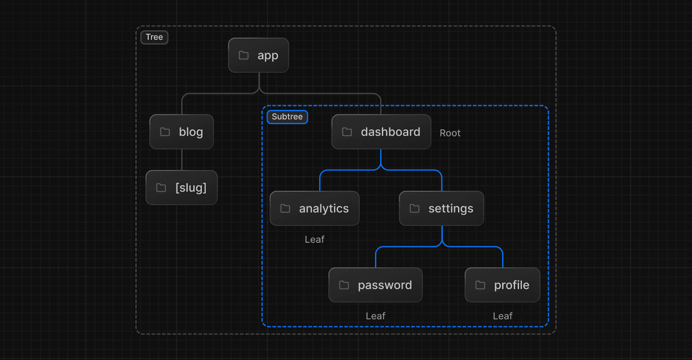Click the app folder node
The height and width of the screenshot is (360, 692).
pos(259,55)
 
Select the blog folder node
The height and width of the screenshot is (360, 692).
pos(182,132)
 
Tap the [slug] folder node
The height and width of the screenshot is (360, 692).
pos(182,188)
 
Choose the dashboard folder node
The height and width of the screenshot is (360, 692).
pos(381,132)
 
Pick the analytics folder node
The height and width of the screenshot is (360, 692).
pos(314,209)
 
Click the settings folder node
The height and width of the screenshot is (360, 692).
pos(441,209)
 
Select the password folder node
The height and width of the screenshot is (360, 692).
pos(375,285)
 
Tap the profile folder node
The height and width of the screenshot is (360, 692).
pos(502,285)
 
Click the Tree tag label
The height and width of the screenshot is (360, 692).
pos(154,37)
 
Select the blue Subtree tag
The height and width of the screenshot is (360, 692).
pos(287,117)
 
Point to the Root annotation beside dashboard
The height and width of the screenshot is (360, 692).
pos(450,133)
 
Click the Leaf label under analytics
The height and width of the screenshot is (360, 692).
pos(314,240)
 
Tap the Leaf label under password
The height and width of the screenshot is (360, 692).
pos(375,316)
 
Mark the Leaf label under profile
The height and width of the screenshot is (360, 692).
pos(503,316)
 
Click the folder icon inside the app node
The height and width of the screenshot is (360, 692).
pos(244,55)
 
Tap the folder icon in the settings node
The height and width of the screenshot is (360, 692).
pos(415,209)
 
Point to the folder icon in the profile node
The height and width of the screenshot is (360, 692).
pos(481,285)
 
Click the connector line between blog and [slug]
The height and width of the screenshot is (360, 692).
pos(182,160)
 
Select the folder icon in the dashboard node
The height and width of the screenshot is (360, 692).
pos(347,132)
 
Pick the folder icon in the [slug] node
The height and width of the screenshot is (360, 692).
pos(161,188)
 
